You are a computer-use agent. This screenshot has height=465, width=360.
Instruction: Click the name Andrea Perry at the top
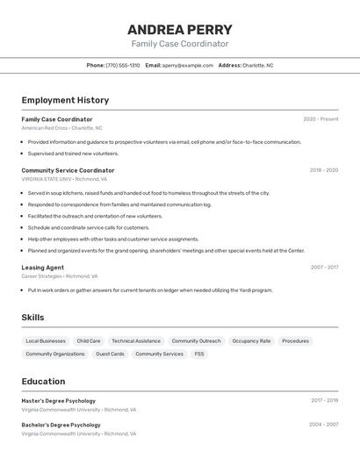pos(179,30)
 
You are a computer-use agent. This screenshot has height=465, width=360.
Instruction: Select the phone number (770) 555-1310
pos(123,65)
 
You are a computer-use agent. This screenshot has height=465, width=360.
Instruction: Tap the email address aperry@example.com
pos(188,65)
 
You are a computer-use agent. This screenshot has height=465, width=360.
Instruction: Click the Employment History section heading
pos(65,100)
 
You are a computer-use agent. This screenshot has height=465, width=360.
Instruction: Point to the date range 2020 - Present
pos(320,119)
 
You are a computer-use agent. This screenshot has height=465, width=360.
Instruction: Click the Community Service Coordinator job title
pos(68,170)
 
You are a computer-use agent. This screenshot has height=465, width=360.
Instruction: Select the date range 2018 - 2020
pos(323,170)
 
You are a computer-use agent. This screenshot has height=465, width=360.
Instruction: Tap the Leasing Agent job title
pos(42,268)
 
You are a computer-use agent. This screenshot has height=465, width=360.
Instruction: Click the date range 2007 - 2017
pos(324,268)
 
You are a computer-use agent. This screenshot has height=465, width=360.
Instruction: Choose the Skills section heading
pos(33,317)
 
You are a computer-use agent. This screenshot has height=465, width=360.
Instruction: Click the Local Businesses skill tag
pos(46,341)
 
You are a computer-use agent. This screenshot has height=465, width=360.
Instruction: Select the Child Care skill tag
pos(89,341)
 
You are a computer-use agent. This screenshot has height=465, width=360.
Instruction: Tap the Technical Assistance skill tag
pos(136,341)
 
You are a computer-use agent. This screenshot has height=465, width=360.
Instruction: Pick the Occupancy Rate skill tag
pos(251,341)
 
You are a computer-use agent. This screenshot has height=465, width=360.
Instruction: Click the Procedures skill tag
pos(295,341)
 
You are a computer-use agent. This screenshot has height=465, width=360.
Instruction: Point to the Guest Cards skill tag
pos(110,354)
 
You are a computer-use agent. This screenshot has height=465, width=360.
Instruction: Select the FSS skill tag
pos(199,354)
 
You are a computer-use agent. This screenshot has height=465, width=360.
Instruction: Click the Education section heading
pos(43,382)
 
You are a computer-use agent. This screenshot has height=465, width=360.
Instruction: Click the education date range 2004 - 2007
pos(324,425)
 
